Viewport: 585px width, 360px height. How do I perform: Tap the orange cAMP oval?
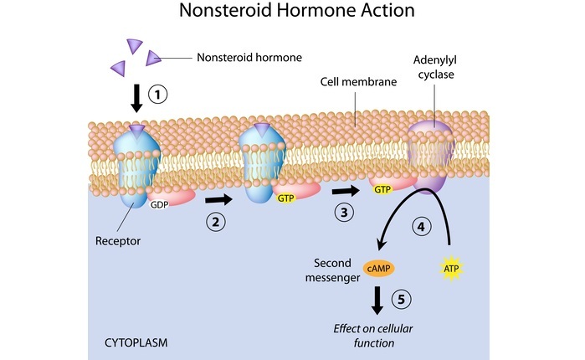(x=376, y=270)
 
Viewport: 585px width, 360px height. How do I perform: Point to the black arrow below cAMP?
(x=377, y=299)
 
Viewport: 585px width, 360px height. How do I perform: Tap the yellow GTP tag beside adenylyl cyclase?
(x=382, y=190)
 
